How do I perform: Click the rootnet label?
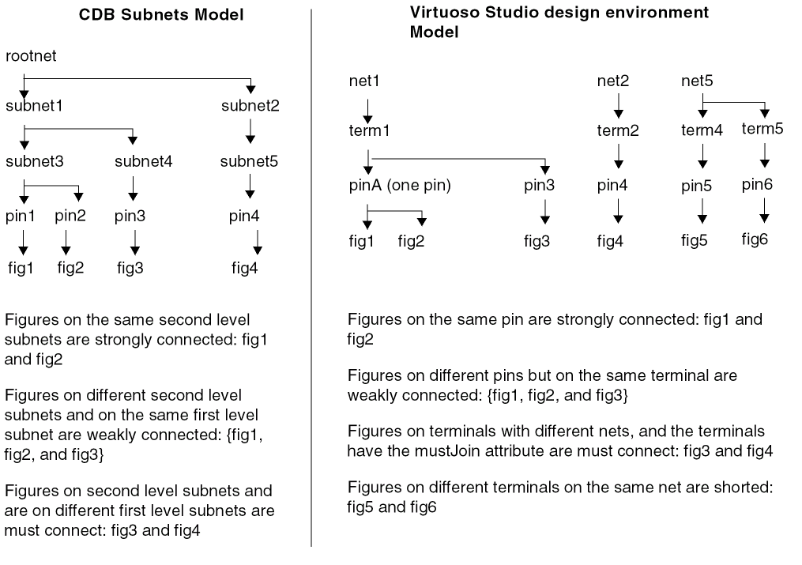pyautogui.click(x=31, y=56)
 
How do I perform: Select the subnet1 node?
pyautogui.click(x=33, y=106)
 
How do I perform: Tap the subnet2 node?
pyautogui.click(x=250, y=106)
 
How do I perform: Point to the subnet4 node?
pyautogui.click(x=144, y=163)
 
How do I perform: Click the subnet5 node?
pyautogui.click(x=249, y=163)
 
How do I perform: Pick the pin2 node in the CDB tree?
pyautogui.click(x=70, y=216)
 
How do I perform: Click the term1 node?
pyautogui.click(x=368, y=130)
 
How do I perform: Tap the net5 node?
pyautogui.click(x=698, y=81)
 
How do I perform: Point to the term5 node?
pyautogui.click(x=762, y=129)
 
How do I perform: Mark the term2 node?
pyautogui.click(x=618, y=130)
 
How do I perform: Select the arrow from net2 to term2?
pyautogui.click(x=618, y=105)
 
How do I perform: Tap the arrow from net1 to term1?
pyautogui.click(x=368, y=105)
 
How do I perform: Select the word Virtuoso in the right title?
pyautogui.click(x=439, y=13)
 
